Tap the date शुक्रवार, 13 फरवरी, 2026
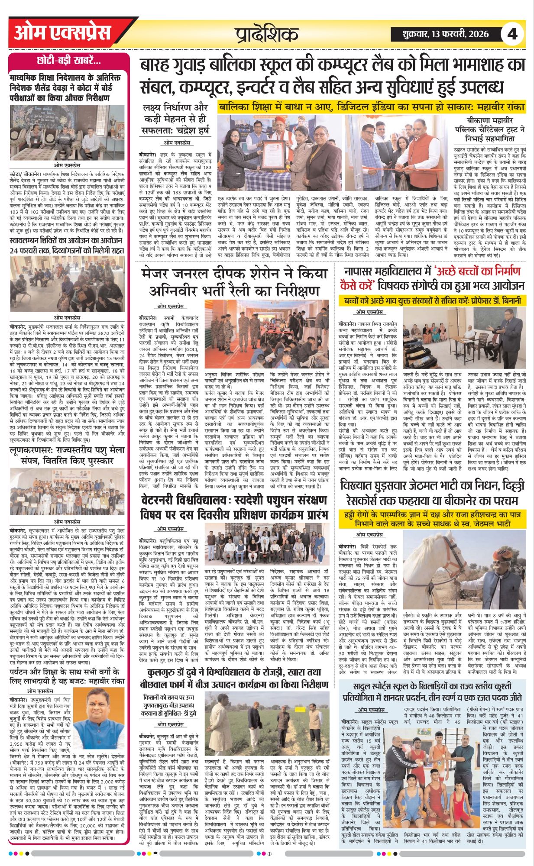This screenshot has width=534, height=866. [x=440, y=34]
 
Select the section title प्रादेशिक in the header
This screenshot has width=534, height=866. [x=267, y=34]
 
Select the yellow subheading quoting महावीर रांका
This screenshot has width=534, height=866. [x=371, y=107]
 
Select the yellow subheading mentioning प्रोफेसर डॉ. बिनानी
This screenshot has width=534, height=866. [x=433, y=301]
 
